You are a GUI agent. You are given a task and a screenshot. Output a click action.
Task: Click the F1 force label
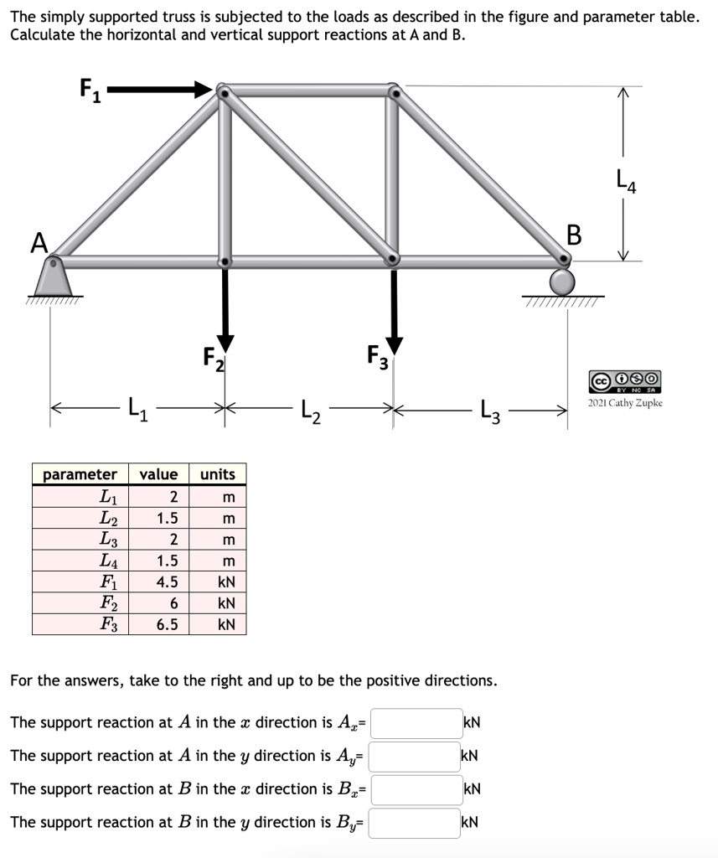click(89, 88)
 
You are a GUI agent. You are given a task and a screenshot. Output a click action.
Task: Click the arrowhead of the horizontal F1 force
click(204, 89)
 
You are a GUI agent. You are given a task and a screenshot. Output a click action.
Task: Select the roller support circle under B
click(562, 281)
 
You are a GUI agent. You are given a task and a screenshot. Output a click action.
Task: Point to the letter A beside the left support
click(39, 243)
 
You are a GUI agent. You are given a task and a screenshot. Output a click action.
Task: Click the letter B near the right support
click(574, 235)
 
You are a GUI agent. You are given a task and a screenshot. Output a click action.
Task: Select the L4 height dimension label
click(626, 178)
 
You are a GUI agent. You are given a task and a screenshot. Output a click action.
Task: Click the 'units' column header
click(217, 474)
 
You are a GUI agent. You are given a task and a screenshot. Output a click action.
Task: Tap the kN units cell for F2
click(225, 602)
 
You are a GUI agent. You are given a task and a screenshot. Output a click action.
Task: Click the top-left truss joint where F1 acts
click(223, 90)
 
